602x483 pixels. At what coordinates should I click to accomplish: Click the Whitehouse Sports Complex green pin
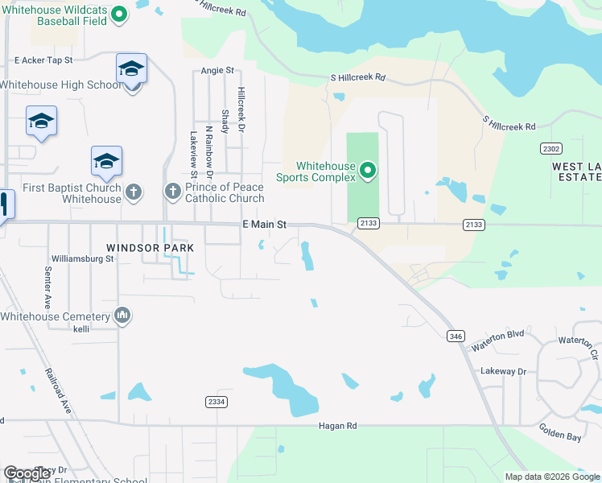coord(368,170)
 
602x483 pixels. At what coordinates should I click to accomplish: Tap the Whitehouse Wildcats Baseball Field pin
coord(119,14)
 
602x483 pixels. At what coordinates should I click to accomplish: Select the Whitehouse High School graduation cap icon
coord(130,69)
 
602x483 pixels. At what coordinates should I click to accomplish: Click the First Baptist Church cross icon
coord(134,192)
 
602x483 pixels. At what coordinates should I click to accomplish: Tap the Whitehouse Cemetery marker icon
coord(123,315)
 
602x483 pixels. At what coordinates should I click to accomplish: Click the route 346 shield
coord(456,336)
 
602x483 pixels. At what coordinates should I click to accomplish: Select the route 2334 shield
coord(216,402)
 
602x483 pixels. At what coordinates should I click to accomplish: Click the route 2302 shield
coord(551,149)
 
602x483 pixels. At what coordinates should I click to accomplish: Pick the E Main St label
coord(265,227)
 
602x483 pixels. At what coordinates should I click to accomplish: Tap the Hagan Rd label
coord(336,425)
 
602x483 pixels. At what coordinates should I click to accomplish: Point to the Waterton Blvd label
coord(498,341)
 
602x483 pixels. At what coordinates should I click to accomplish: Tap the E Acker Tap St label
coord(43,60)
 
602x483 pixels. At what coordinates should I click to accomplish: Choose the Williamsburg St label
coord(83,259)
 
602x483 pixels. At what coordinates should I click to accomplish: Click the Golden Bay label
coord(560,437)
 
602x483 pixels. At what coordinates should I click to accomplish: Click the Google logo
coord(27,473)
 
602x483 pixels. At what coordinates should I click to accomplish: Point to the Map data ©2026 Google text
coord(551,477)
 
